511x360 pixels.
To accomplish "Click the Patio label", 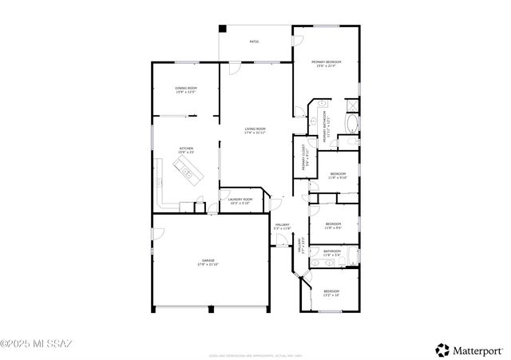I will [254, 42].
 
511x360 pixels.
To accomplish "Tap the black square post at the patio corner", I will [223, 29].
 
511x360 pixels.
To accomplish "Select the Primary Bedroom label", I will [326, 63].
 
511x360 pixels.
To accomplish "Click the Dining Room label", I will [186, 89].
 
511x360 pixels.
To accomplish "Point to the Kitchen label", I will [186, 150].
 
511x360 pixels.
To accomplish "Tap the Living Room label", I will [255, 131].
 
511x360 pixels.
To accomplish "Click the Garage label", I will [208, 263].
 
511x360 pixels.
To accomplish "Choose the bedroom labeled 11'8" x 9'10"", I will [338, 176].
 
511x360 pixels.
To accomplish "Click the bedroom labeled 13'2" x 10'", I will [331, 293].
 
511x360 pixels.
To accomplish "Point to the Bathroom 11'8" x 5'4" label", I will [332, 253].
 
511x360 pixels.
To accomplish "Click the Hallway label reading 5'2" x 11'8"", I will [283, 227].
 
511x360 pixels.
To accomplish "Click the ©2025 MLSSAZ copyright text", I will [37, 344].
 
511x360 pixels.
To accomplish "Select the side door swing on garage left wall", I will [158, 234].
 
